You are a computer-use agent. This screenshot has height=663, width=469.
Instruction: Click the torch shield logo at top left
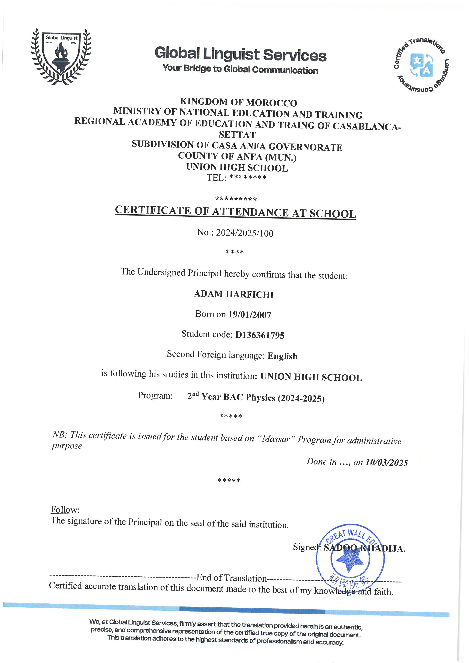coord(61,57)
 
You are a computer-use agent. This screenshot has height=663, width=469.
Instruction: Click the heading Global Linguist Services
coord(240,54)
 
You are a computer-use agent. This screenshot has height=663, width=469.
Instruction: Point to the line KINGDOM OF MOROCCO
coord(238,102)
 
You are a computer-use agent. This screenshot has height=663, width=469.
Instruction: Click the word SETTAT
coord(237,135)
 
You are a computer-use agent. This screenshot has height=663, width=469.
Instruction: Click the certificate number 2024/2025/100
coord(244,233)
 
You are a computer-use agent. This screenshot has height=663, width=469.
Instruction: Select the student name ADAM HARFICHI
coord(233,294)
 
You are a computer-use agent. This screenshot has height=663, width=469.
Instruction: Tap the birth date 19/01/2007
coord(250,315)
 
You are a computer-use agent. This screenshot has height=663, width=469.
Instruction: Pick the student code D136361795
coord(260,335)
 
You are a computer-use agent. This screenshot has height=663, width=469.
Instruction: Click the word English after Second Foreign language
coord(282,356)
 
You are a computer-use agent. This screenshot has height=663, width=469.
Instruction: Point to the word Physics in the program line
coord(260,398)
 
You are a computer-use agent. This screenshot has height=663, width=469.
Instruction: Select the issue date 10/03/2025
coord(386,463)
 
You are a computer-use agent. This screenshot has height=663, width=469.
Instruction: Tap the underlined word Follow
coord(65,510)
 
